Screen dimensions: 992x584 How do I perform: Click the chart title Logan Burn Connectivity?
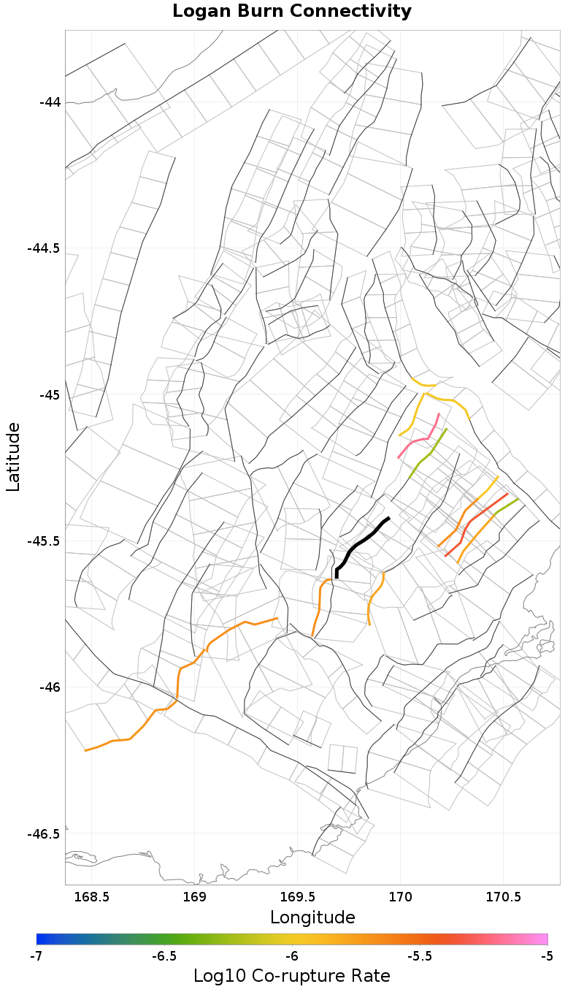point(292,12)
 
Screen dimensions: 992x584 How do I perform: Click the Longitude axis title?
point(312,917)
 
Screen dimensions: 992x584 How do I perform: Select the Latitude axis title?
point(13,457)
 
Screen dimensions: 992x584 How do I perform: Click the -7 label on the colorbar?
point(36,956)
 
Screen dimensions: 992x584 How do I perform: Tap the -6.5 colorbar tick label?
point(164,956)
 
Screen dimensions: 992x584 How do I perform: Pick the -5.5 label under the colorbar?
point(420,956)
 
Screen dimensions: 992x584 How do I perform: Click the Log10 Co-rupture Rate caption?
point(292,976)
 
